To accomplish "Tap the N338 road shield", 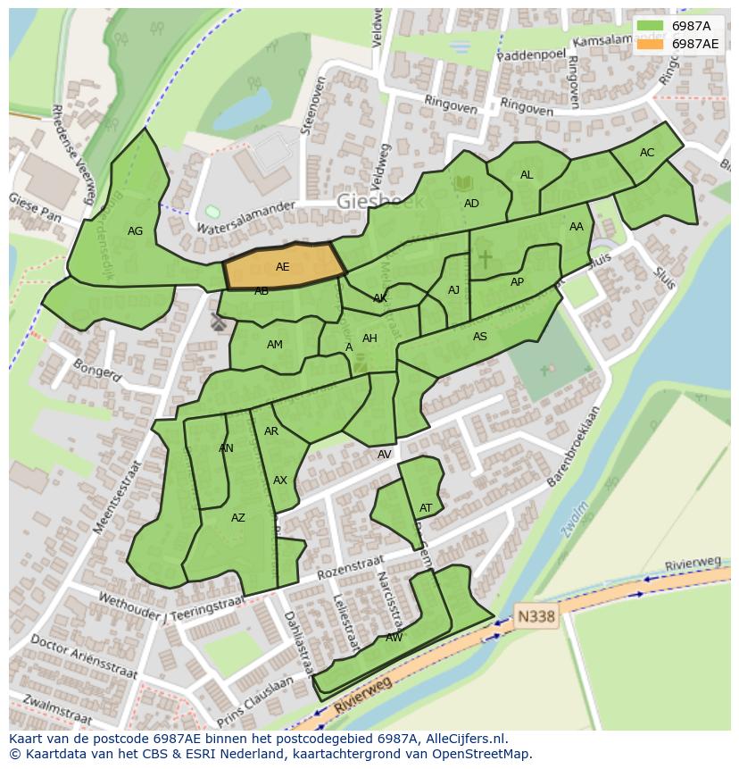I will pyautogui.click(x=536, y=616).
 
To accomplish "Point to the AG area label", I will pyautogui.click(x=135, y=231).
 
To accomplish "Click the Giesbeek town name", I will pyautogui.click(x=381, y=203).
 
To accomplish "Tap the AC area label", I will pyautogui.click(x=647, y=153).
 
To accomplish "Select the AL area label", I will pyautogui.click(x=527, y=175).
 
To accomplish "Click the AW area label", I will pyautogui.click(x=394, y=638).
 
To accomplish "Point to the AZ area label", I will pyautogui.click(x=238, y=518).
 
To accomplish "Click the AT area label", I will pyautogui.click(x=426, y=508).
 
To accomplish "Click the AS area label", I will pyautogui.click(x=480, y=337).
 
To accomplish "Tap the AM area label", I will pyautogui.click(x=275, y=345).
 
